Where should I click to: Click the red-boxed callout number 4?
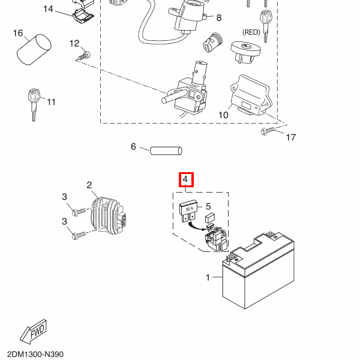click(x=186, y=179)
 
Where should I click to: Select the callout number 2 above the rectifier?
click(x=89, y=185)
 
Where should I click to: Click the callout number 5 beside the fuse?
click(x=208, y=206)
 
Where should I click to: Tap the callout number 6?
click(x=134, y=146)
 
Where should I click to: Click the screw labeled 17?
click(x=266, y=131)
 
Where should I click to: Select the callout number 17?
click(x=290, y=138)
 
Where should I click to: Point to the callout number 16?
click(x=18, y=33)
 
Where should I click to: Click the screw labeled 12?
click(x=82, y=56)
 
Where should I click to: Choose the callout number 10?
click(x=223, y=115)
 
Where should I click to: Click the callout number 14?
click(x=48, y=9)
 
